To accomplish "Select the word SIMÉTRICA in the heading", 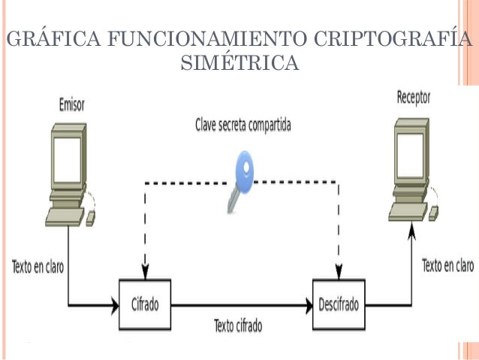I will coord(239,64).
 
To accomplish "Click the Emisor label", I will coord(71,106).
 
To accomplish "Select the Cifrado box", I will coord(145,304).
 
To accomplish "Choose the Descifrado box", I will coord(339,304).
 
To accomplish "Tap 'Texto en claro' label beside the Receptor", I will coord(448,265).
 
